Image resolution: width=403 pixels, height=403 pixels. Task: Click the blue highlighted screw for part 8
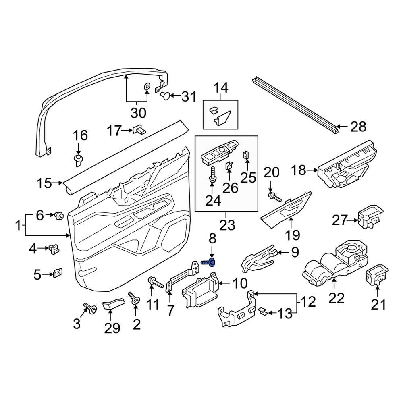(x=208, y=263)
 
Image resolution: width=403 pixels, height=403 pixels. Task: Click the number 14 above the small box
(x=220, y=87)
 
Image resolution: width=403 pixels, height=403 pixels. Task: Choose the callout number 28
(x=358, y=127)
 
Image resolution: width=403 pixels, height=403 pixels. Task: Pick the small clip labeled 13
(x=262, y=312)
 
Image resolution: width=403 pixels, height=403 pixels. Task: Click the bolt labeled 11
(x=155, y=282)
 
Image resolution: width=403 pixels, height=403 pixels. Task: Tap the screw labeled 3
(x=90, y=309)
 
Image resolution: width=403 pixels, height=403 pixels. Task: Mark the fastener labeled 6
(x=59, y=216)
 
